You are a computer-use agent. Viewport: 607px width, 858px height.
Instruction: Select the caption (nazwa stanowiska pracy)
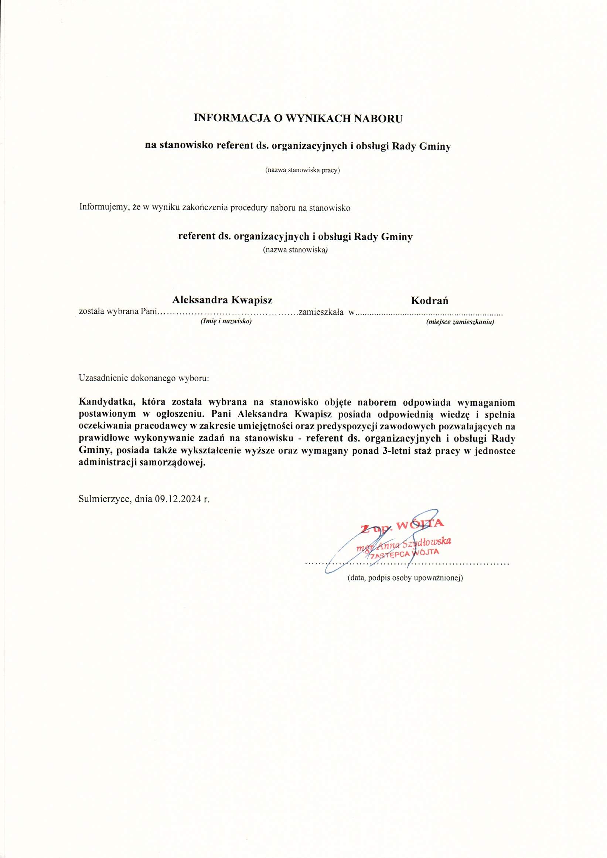(x=302, y=170)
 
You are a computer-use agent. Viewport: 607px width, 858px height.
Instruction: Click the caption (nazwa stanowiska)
(x=295, y=250)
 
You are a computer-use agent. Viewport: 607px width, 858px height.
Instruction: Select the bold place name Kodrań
(x=429, y=300)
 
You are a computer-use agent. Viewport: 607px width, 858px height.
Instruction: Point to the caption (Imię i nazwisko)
(x=226, y=321)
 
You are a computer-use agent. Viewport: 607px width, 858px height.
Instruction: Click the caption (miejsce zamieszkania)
(x=460, y=322)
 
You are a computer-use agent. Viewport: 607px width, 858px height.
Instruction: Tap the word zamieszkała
(x=321, y=311)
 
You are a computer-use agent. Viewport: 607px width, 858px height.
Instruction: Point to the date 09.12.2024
(x=178, y=499)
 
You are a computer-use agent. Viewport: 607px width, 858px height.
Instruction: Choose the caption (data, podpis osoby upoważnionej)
(x=405, y=578)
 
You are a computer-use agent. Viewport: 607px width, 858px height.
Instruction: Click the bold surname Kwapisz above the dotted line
(x=252, y=300)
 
